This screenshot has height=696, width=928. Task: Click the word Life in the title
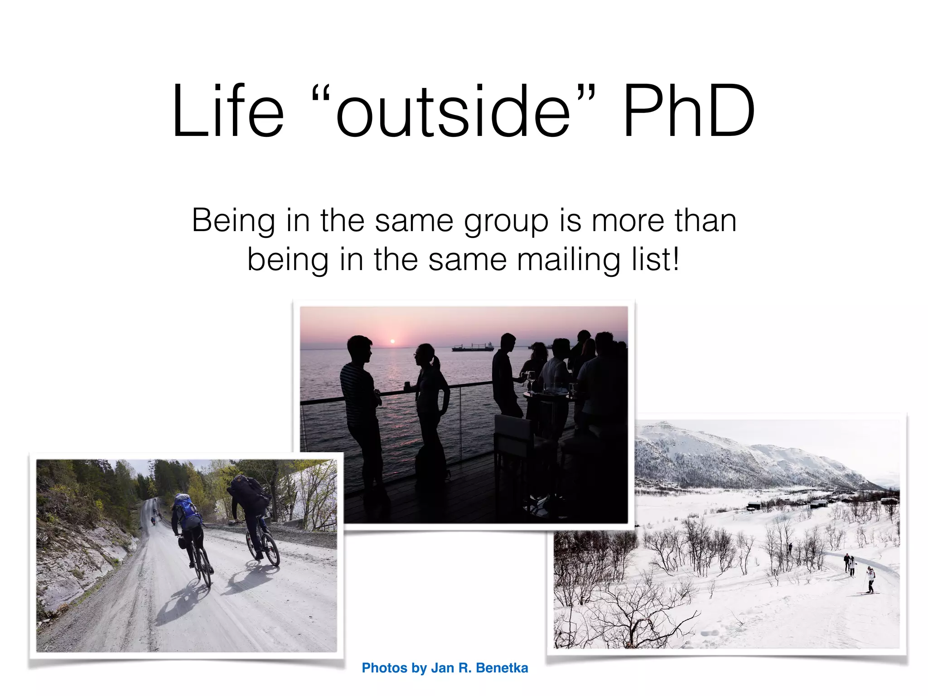click(228, 111)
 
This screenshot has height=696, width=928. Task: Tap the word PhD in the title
click(688, 111)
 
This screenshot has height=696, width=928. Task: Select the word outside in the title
click(453, 111)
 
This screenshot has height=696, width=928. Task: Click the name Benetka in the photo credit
click(502, 668)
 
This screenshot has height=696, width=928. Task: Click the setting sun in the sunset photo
click(393, 341)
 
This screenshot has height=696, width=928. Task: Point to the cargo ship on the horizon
click(472, 348)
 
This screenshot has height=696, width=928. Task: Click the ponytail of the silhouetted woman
click(436, 361)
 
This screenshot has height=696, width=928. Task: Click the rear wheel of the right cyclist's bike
click(271, 549)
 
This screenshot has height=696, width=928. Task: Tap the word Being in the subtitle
click(233, 221)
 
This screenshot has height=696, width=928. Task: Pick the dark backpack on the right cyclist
click(247, 489)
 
